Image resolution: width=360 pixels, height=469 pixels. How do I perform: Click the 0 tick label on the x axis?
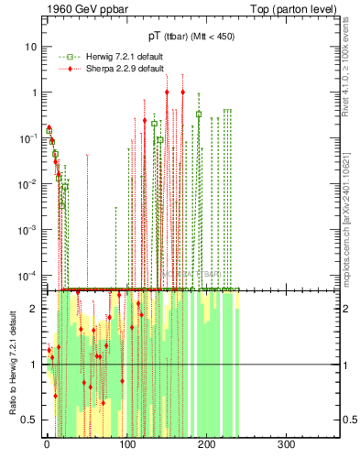47,444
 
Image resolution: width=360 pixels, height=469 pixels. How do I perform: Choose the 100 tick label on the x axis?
126,444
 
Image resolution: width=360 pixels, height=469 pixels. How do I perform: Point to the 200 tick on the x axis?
206,444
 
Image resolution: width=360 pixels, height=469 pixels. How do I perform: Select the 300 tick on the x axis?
286,444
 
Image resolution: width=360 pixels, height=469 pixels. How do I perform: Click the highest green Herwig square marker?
198,115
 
